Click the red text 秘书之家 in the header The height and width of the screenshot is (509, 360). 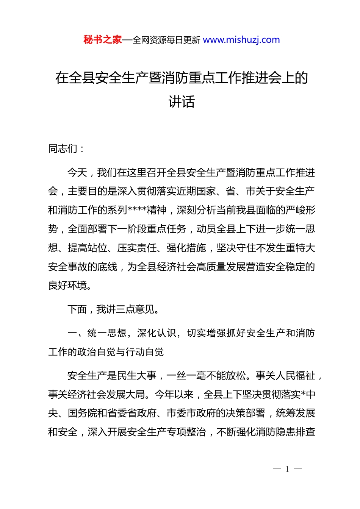click(102, 40)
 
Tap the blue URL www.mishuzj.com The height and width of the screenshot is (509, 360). click(241, 40)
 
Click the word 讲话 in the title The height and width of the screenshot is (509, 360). click(182, 101)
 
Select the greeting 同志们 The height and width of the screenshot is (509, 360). click(63, 148)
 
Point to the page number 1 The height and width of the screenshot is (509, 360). click(287, 469)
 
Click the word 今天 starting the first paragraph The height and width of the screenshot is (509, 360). click(77, 173)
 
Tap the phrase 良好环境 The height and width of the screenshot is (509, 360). click(68, 286)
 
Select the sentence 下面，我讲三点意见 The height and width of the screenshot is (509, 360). click(113, 309)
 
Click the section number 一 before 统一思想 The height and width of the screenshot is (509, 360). click(72, 333)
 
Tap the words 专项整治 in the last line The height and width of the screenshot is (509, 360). click(186, 432)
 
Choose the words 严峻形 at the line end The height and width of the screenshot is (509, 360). click(301, 210)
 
